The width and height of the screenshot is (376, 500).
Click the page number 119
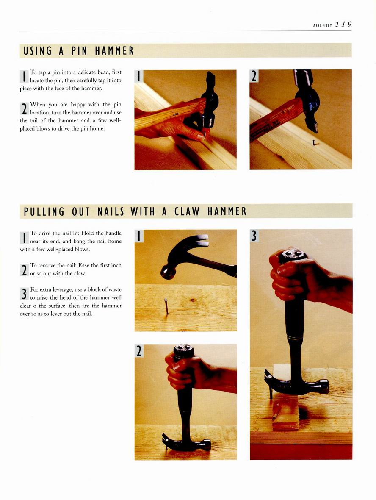[343, 25]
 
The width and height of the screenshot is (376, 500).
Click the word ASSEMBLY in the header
[323, 25]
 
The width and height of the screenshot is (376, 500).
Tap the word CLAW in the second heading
[187, 211]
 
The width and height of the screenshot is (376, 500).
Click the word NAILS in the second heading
[111, 211]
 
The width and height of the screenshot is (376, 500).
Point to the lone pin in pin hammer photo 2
[315, 142]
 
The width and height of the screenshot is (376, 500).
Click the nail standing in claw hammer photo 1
[166, 306]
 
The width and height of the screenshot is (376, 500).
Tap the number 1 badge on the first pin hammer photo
[138, 76]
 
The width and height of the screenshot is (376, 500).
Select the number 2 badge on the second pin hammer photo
[254, 76]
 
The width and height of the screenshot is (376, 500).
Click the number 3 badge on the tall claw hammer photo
[254, 236]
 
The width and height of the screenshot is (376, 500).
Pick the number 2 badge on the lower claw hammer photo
[138, 351]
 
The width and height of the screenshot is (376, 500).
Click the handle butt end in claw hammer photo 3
[293, 255]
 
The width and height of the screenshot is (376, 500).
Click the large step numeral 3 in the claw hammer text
[24, 294]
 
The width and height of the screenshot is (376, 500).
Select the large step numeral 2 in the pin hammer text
[24, 109]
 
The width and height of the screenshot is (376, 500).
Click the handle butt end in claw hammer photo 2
[184, 350]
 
